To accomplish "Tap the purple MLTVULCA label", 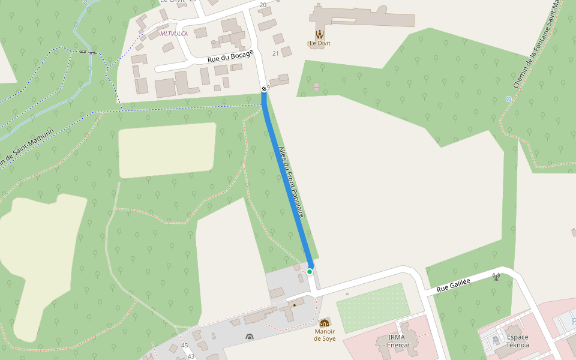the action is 174,34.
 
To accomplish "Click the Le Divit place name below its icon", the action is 320,43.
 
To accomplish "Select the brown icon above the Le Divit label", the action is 320,34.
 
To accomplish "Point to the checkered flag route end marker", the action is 264,89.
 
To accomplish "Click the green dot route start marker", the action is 310,272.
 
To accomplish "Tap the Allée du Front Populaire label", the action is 292,182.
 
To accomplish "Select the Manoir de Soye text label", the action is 325,335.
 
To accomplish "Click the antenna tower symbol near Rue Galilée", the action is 496,277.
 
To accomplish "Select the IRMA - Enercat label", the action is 398,341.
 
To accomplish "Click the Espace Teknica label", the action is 517,341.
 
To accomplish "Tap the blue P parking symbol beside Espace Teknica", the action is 496,340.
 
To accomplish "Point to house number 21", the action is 276,53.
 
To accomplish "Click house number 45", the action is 184,346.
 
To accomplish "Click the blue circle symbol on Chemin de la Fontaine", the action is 509,98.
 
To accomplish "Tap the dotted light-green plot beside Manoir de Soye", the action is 373,307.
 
